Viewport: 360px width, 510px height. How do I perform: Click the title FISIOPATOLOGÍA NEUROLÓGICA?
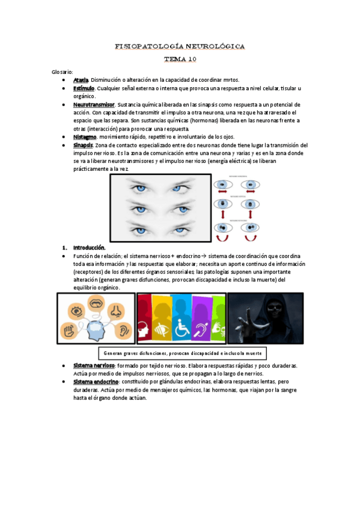coord(180,46)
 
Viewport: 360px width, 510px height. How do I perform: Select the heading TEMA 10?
coord(180,59)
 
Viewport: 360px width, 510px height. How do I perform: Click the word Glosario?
coord(63,72)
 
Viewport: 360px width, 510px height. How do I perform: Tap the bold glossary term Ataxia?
coord(81,80)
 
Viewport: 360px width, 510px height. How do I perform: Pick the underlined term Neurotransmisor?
coord(94,104)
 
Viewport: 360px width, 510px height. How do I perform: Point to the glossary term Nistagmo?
coord(85,137)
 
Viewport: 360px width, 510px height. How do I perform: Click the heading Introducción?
coord(90,248)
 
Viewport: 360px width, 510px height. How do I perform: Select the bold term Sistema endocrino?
coord(96,381)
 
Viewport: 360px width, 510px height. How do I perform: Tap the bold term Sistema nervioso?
coord(94,366)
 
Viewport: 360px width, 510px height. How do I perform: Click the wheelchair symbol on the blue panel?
coord(180,328)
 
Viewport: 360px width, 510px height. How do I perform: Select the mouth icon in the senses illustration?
coord(94,302)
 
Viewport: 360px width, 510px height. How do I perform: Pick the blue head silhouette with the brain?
coord(95,330)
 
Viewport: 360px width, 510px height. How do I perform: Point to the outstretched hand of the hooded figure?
coord(247,320)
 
